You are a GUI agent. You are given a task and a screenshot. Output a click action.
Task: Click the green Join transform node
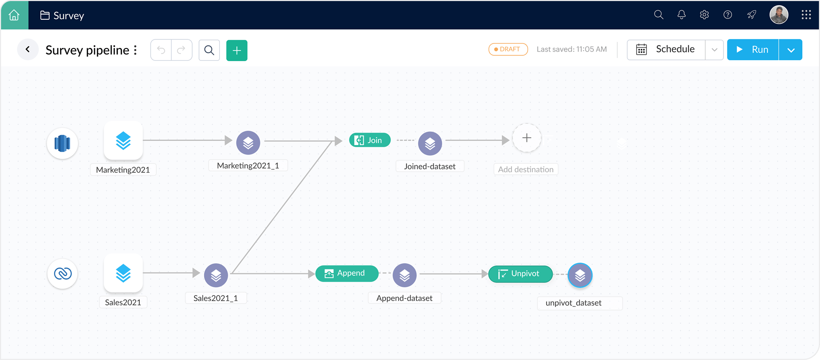369,140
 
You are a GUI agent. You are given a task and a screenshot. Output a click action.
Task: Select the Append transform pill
347,273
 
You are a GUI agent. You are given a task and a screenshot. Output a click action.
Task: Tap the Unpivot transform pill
520,274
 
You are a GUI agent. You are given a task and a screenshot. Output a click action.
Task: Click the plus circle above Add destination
526,138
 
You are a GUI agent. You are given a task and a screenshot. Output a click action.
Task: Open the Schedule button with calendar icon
666,50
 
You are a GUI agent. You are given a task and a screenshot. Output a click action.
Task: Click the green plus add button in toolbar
237,51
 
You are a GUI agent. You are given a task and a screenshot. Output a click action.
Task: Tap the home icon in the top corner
14,15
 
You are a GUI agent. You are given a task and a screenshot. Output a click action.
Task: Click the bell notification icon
681,15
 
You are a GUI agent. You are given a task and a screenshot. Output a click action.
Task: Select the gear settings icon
704,15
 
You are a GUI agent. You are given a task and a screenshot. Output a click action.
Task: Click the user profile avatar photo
778,15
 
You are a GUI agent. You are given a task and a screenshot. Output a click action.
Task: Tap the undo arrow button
161,50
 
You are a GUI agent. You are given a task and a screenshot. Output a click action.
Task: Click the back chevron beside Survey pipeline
28,50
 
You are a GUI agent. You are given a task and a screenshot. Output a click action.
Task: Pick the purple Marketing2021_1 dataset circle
248,143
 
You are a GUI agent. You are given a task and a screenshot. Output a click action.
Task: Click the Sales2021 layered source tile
123,273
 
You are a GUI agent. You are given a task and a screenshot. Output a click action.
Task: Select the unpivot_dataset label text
573,303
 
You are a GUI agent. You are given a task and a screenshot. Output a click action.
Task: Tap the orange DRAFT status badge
508,49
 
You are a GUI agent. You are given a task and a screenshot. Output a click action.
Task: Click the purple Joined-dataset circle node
430,143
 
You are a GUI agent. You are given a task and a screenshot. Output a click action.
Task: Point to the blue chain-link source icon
63,274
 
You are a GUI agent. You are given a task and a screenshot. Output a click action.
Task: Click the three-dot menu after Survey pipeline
135,50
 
